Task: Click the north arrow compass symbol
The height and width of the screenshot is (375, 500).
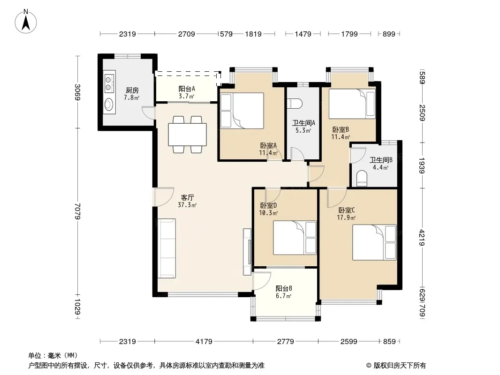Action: coord(26,22)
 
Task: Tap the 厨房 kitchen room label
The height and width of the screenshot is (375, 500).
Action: coord(132,90)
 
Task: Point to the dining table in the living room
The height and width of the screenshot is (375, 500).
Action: coord(187,134)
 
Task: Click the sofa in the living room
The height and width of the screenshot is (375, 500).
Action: coord(167,248)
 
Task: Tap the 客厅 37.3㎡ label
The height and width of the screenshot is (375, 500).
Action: coord(187,202)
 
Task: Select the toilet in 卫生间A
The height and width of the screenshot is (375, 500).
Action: coord(295,104)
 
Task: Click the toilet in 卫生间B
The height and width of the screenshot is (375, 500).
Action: coord(362,179)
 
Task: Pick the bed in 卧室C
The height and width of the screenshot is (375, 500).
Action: coord(374,242)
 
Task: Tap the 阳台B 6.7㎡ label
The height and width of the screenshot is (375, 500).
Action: coord(283,292)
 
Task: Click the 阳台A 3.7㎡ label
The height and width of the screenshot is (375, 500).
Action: coord(187,92)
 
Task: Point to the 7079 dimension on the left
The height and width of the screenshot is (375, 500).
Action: coord(77,211)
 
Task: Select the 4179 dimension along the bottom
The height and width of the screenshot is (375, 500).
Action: coord(204,342)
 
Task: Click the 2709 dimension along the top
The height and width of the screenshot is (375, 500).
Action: coord(187,34)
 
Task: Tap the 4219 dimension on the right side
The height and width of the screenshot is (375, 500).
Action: coord(422,238)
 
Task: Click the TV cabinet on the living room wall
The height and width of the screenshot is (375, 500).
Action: coord(248,252)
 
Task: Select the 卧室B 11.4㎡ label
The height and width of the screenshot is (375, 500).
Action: coord(341,133)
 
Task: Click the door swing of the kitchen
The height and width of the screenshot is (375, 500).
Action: coord(148,112)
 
